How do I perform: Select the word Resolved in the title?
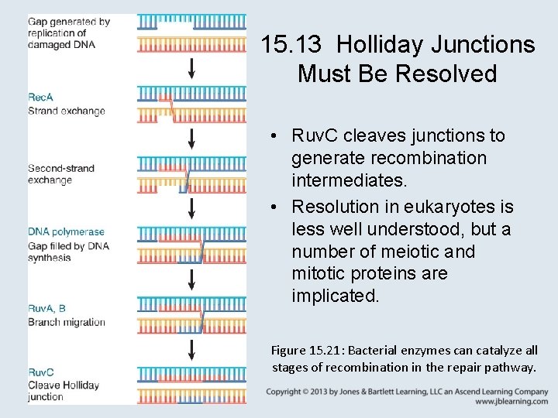tap(446, 74)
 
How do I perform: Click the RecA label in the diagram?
tap(40, 98)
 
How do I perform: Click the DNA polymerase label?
tap(66, 231)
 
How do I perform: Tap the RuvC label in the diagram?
tap(41, 372)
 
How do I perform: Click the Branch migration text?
tap(66, 322)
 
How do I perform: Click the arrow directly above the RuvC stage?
tap(192, 348)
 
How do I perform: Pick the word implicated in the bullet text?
tap(335, 296)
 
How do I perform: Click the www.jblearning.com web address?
tap(511, 402)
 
